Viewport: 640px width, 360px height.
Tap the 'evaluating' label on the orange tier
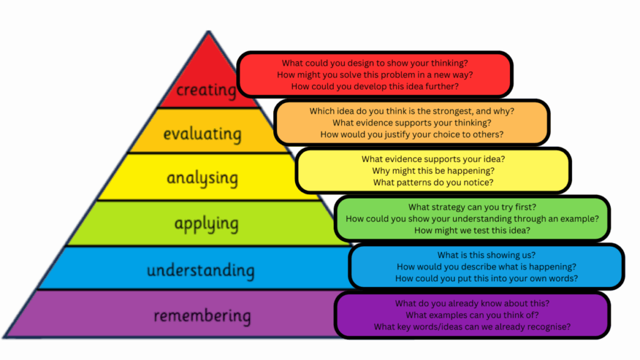[202, 134]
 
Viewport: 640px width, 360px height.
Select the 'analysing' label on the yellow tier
[202, 178]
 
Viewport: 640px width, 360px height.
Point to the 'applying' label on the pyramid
[206, 223]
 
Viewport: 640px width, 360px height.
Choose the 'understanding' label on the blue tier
[201, 271]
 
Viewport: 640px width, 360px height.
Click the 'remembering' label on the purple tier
[202, 316]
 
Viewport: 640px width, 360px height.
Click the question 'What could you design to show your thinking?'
[375, 62]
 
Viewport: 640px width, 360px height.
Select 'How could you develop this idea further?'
[375, 86]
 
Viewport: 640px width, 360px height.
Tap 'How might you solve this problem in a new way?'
[375, 74]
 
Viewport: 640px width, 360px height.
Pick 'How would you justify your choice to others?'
[412, 134]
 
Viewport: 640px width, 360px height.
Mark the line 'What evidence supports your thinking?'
[412, 122]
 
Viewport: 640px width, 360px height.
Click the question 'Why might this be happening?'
[433, 171]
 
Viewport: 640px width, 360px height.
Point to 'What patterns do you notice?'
[433, 182]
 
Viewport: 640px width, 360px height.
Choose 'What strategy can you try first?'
[472, 207]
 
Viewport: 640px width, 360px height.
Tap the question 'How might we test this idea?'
[472, 231]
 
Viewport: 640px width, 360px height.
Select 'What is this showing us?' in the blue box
[486, 254]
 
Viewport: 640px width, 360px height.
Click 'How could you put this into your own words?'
[486, 278]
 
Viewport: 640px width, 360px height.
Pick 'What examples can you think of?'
[472, 315]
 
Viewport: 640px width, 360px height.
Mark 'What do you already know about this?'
[472, 303]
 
